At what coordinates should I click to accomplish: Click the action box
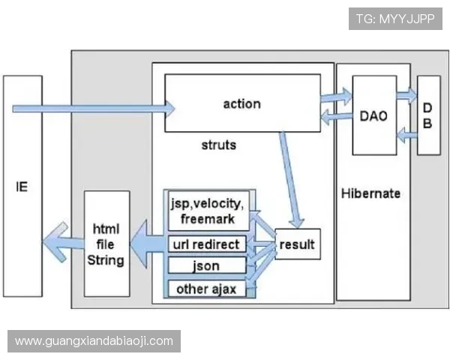[241, 103]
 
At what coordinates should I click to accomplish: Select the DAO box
[373, 115]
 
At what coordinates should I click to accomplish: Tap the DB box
[427, 115]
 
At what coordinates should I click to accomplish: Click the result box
[297, 244]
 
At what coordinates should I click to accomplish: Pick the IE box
[22, 185]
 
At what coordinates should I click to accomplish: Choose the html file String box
[107, 243]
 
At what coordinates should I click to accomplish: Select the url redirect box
[205, 244]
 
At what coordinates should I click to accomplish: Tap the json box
[205, 265]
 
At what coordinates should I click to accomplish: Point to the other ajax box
[205, 289]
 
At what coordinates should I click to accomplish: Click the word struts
[219, 144]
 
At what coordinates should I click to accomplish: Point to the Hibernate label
[370, 193]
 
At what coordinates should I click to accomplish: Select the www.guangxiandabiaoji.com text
[94, 341]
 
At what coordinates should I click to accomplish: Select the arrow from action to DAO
[335, 96]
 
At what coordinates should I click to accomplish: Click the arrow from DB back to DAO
[406, 135]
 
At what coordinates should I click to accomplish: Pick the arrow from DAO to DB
[406, 94]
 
